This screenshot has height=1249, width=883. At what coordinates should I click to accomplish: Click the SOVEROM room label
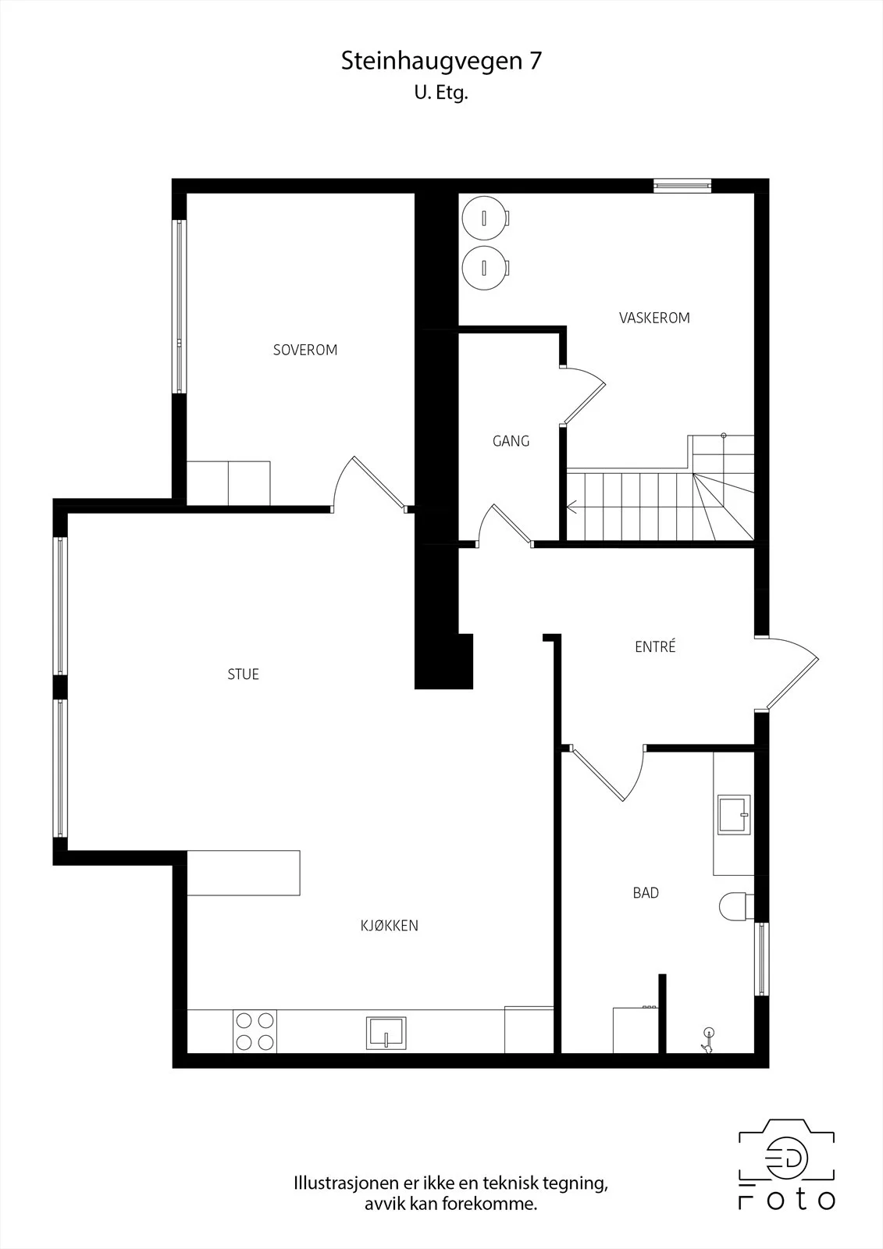click(305, 351)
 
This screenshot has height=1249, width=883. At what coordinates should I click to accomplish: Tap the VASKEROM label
click(654, 318)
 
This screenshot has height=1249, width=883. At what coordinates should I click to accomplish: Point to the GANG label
click(511, 441)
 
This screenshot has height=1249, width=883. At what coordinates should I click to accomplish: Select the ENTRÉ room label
click(655, 646)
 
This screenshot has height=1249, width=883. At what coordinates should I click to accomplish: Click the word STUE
click(244, 674)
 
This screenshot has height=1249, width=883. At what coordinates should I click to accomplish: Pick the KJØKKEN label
click(390, 926)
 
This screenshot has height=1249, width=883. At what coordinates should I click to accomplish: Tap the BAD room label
click(646, 893)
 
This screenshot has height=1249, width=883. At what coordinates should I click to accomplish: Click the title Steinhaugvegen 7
click(441, 61)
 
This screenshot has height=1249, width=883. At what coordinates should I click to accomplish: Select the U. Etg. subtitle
click(440, 93)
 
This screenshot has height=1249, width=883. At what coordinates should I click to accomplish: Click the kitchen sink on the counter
click(386, 1034)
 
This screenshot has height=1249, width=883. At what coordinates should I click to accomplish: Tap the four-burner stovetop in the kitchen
click(255, 1031)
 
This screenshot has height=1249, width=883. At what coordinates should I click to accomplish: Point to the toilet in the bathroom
click(736, 907)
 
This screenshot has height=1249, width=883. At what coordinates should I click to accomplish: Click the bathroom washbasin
click(734, 815)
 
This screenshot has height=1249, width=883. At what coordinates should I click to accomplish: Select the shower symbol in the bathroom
click(708, 1041)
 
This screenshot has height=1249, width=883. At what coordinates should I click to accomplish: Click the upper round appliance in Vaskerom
click(486, 218)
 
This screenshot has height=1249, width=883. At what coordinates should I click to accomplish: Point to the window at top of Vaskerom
click(683, 186)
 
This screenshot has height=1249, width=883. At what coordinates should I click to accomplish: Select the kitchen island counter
click(244, 874)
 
